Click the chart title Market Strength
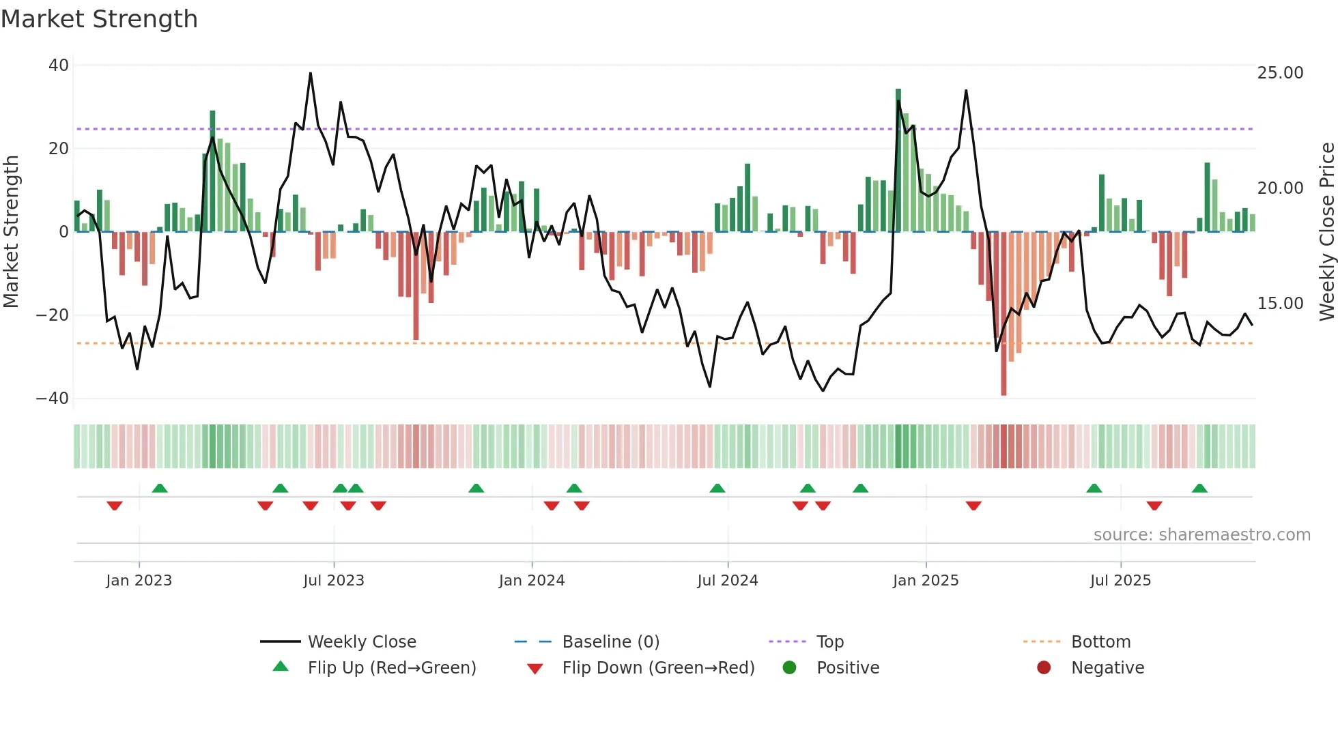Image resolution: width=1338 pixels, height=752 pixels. click(99, 19)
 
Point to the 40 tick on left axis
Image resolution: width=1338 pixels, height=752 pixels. click(59, 66)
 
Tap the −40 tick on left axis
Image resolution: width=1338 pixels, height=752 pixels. click(53, 399)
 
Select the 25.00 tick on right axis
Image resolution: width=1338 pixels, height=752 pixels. click(1280, 73)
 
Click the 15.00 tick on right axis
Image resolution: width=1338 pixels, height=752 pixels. click(1280, 304)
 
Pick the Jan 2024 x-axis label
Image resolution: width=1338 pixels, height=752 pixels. click(532, 581)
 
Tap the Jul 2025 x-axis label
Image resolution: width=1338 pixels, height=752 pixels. click(1120, 581)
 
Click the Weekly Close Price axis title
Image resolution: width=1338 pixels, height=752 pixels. click(1326, 232)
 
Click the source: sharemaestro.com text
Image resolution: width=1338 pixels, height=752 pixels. click(1201, 535)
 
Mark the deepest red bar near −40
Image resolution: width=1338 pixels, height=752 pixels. click(1003, 314)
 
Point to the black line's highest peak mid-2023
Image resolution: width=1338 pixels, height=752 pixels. click(311, 74)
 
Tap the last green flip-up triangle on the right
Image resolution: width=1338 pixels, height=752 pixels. click(1199, 488)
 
